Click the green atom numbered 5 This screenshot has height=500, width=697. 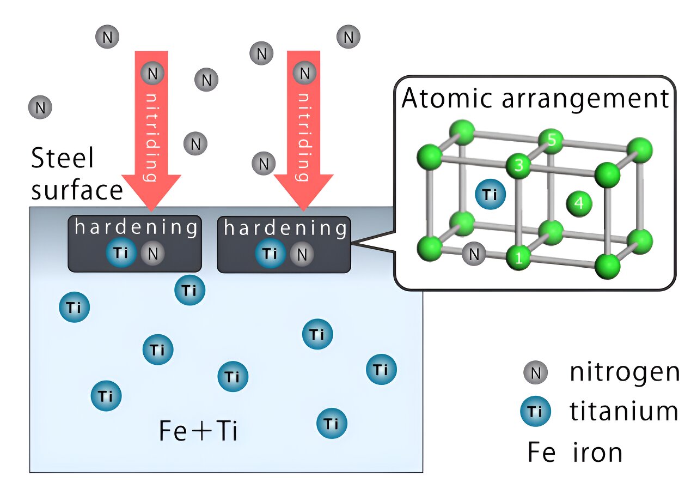click(x=551, y=141)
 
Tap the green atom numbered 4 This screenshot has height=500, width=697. click(x=579, y=203)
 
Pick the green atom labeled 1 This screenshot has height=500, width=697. click(x=518, y=258)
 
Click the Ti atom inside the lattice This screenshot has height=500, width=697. click(x=490, y=195)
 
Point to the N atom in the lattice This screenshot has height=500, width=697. click(x=474, y=254)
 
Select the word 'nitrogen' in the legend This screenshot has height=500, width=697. click(x=625, y=372)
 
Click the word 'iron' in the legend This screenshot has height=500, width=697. click(x=597, y=453)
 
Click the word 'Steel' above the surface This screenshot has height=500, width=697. click(x=62, y=159)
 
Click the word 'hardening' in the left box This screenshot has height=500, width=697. click(x=136, y=228)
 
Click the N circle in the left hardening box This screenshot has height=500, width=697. click(x=152, y=254)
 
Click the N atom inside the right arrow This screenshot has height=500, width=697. click(x=304, y=73)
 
